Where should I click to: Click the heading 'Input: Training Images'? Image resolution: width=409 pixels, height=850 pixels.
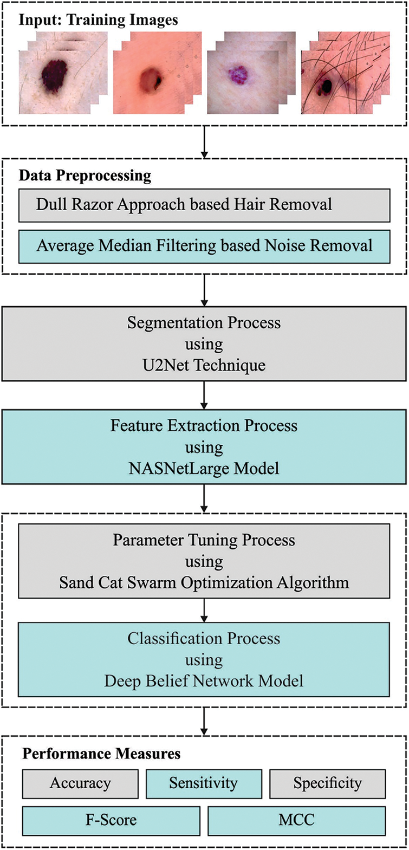(98, 21)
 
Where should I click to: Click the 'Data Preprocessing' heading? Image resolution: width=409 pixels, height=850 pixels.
(85, 176)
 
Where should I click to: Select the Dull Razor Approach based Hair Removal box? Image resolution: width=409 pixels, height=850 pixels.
(204, 205)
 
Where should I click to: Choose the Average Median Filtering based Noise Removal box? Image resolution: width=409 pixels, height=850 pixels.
(204, 246)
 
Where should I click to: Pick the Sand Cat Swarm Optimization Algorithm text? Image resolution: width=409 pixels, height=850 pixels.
(204, 583)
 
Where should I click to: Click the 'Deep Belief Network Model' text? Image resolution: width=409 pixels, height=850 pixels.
(204, 680)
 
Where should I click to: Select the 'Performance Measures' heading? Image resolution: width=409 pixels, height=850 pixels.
(101, 754)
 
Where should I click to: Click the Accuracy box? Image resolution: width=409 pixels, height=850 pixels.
(80, 783)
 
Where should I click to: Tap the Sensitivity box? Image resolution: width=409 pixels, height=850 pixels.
(204, 783)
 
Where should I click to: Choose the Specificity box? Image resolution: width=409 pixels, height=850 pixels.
(327, 783)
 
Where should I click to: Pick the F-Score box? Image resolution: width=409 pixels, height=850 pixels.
(111, 820)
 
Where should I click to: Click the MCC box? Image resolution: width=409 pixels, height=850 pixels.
(296, 820)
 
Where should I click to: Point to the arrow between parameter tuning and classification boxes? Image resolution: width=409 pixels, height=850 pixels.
(204, 610)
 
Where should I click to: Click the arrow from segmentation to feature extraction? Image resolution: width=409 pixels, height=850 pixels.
(204, 395)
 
